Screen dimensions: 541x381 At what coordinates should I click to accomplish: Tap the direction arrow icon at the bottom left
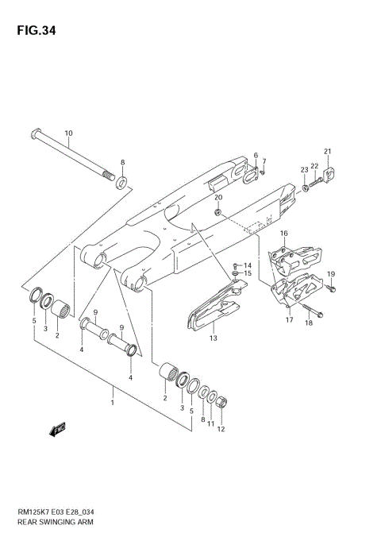(x=57, y=431)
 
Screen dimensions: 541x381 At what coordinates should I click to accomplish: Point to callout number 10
(x=68, y=133)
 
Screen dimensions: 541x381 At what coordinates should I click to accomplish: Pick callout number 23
(x=303, y=169)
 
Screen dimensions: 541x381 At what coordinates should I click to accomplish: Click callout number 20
(x=218, y=197)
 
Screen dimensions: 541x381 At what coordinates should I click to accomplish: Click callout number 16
(x=283, y=234)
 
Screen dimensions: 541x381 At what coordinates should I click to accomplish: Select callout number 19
(x=331, y=274)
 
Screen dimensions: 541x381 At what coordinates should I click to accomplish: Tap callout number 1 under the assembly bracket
(x=113, y=403)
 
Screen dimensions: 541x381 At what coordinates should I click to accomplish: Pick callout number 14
(x=248, y=265)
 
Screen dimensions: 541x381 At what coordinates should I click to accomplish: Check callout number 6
(x=256, y=156)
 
